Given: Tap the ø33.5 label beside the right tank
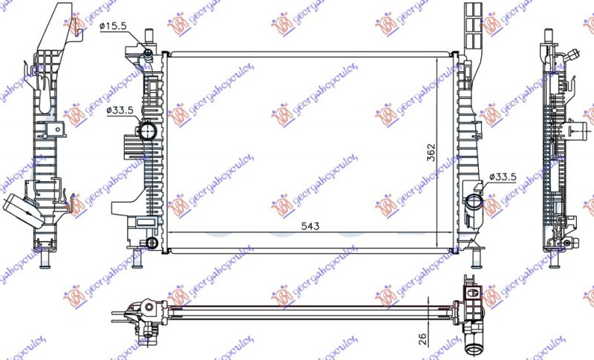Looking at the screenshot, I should [x=502, y=177].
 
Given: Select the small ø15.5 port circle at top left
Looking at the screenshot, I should [x=148, y=53].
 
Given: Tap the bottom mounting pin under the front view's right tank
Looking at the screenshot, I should [x=474, y=258].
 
